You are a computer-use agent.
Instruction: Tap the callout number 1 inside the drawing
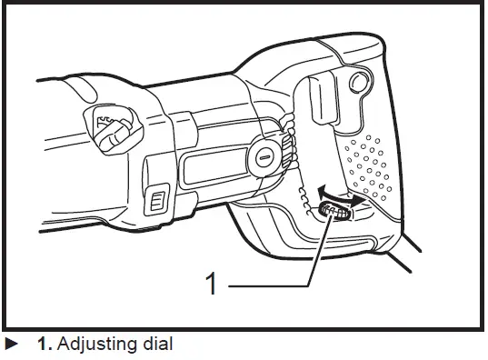[x=212, y=285]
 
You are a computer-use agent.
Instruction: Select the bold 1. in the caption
[x=45, y=345]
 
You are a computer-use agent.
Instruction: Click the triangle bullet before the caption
[x=11, y=345]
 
